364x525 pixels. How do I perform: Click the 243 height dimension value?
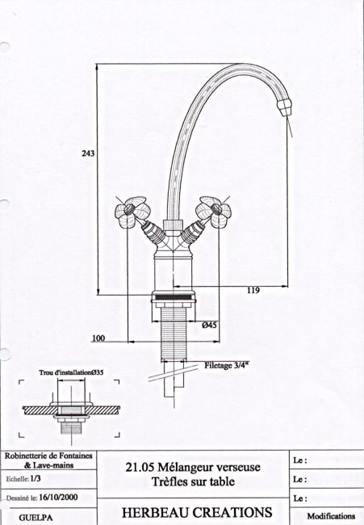tap(88, 153)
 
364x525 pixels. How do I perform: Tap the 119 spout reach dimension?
tap(253, 290)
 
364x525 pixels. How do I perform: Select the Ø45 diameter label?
tap(209, 325)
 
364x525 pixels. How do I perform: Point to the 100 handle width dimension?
tap(98, 338)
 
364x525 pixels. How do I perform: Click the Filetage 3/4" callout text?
tap(227, 365)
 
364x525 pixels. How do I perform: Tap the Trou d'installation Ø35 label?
tap(71, 372)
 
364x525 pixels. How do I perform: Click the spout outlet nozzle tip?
tap(285, 107)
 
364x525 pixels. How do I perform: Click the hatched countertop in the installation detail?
tap(71, 409)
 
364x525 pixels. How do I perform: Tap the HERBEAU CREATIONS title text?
tap(197, 513)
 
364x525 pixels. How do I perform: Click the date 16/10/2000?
tap(58, 497)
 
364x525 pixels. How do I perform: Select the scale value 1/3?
tap(36, 478)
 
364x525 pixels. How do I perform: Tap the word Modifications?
tap(331, 516)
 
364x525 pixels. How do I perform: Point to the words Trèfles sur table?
tap(193, 481)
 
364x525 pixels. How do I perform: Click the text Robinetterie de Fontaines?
tap(48, 456)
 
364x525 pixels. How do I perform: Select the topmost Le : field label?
tap(300, 460)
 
